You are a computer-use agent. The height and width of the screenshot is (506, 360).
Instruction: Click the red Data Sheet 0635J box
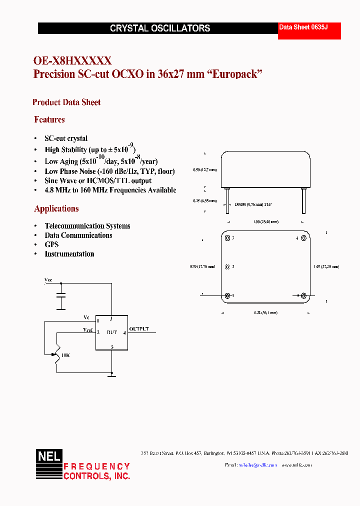click(x=309, y=31)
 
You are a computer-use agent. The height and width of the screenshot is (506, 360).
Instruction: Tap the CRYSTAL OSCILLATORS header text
click(x=160, y=28)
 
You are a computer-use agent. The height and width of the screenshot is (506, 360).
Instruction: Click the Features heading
click(x=49, y=119)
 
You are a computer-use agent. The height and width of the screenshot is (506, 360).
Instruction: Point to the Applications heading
click(x=56, y=208)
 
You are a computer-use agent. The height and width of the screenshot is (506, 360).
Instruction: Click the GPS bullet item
click(x=51, y=244)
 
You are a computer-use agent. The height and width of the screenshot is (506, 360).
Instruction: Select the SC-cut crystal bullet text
click(x=66, y=138)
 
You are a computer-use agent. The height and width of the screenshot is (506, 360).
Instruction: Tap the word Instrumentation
click(x=69, y=254)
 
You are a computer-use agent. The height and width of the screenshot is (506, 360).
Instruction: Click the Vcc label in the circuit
click(x=48, y=280)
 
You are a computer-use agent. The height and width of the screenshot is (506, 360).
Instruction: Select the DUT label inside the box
click(x=112, y=332)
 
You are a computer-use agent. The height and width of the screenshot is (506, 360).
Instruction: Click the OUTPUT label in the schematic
click(x=139, y=329)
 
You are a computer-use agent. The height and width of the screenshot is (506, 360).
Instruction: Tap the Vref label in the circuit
click(x=88, y=330)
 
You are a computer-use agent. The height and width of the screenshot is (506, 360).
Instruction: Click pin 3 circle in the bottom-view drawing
click(x=227, y=238)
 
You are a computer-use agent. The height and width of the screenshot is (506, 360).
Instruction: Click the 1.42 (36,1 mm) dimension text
click(x=265, y=312)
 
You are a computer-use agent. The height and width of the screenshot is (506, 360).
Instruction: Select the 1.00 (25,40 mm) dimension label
click(x=265, y=221)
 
